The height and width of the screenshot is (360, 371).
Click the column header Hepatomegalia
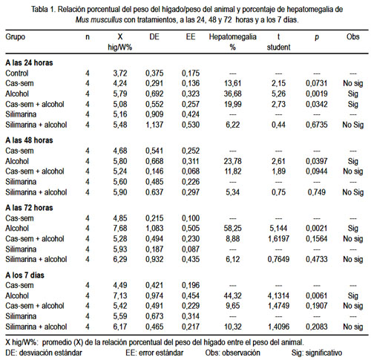(232, 37)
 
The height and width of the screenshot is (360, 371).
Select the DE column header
(154, 37)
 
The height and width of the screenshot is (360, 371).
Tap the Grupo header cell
(16, 37)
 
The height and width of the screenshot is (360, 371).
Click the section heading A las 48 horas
(29, 140)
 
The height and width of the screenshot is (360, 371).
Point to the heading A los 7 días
(24, 275)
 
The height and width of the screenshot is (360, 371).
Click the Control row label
(17, 73)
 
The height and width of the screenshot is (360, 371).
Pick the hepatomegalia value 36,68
(232, 94)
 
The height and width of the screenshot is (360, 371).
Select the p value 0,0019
(317, 94)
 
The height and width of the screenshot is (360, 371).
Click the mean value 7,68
(120, 228)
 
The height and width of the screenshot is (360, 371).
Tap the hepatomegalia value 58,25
(232, 228)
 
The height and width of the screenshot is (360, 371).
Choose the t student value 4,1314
(278, 295)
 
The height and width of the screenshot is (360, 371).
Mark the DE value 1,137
(154, 125)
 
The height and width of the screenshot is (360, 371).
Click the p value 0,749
(317, 192)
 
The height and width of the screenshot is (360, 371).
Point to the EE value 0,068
(191, 171)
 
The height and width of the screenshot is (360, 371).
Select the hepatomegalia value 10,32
(232, 327)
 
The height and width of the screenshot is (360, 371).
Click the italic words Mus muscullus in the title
(99, 20)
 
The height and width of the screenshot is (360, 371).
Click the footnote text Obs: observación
(232, 353)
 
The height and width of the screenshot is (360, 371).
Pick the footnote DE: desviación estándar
(44, 353)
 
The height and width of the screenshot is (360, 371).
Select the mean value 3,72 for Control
(120, 73)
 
